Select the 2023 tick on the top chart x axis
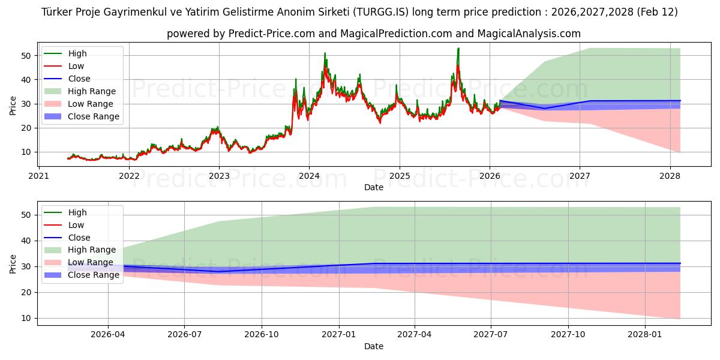[x=219, y=176]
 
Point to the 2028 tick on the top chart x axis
[x=670, y=176]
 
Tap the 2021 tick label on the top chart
[x=39, y=176]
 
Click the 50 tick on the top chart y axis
[x=26, y=56]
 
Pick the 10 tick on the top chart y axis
[x=26, y=152]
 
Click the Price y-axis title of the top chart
[x=13, y=105]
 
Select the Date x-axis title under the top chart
[x=373, y=188]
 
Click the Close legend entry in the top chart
[x=79, y=79]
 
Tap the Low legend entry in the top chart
[x=76, y=66]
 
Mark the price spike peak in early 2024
[x=325, y=53]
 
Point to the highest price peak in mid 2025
[x=458, y=49]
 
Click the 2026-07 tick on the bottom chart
[x=184, y=335]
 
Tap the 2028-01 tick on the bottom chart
[x=644, y=335]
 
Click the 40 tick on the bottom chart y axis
[x=26, y=241]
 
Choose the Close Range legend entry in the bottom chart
[x=94, y=275]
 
